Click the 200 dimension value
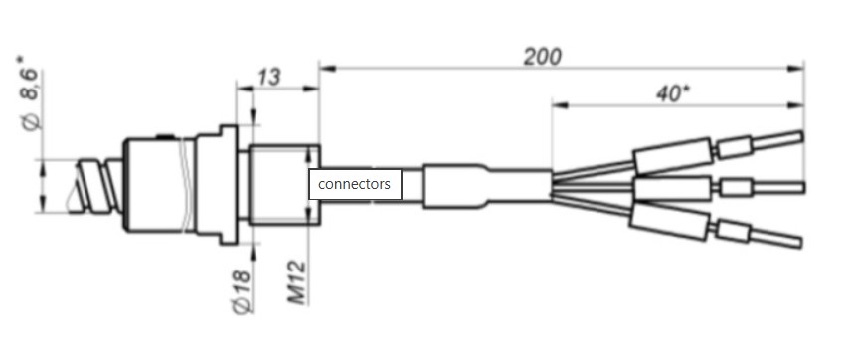[542, 56]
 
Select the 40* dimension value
[672, 93]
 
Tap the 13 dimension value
[269, 77]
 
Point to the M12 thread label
[297, 282]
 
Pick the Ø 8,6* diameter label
[30, 92]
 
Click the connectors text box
[355, 184]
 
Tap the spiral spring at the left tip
[95, 186]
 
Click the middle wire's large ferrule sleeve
[672, 189]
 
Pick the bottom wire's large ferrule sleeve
[670, 222]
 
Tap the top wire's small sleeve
[735, 147]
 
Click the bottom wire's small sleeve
[734, 231]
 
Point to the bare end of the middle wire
[777, 188]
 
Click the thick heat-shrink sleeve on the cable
[454, 186]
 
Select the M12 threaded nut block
[283, 185]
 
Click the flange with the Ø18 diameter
[229, 184]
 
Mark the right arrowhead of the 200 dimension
[796, 68]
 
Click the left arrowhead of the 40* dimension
[560, 105]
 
